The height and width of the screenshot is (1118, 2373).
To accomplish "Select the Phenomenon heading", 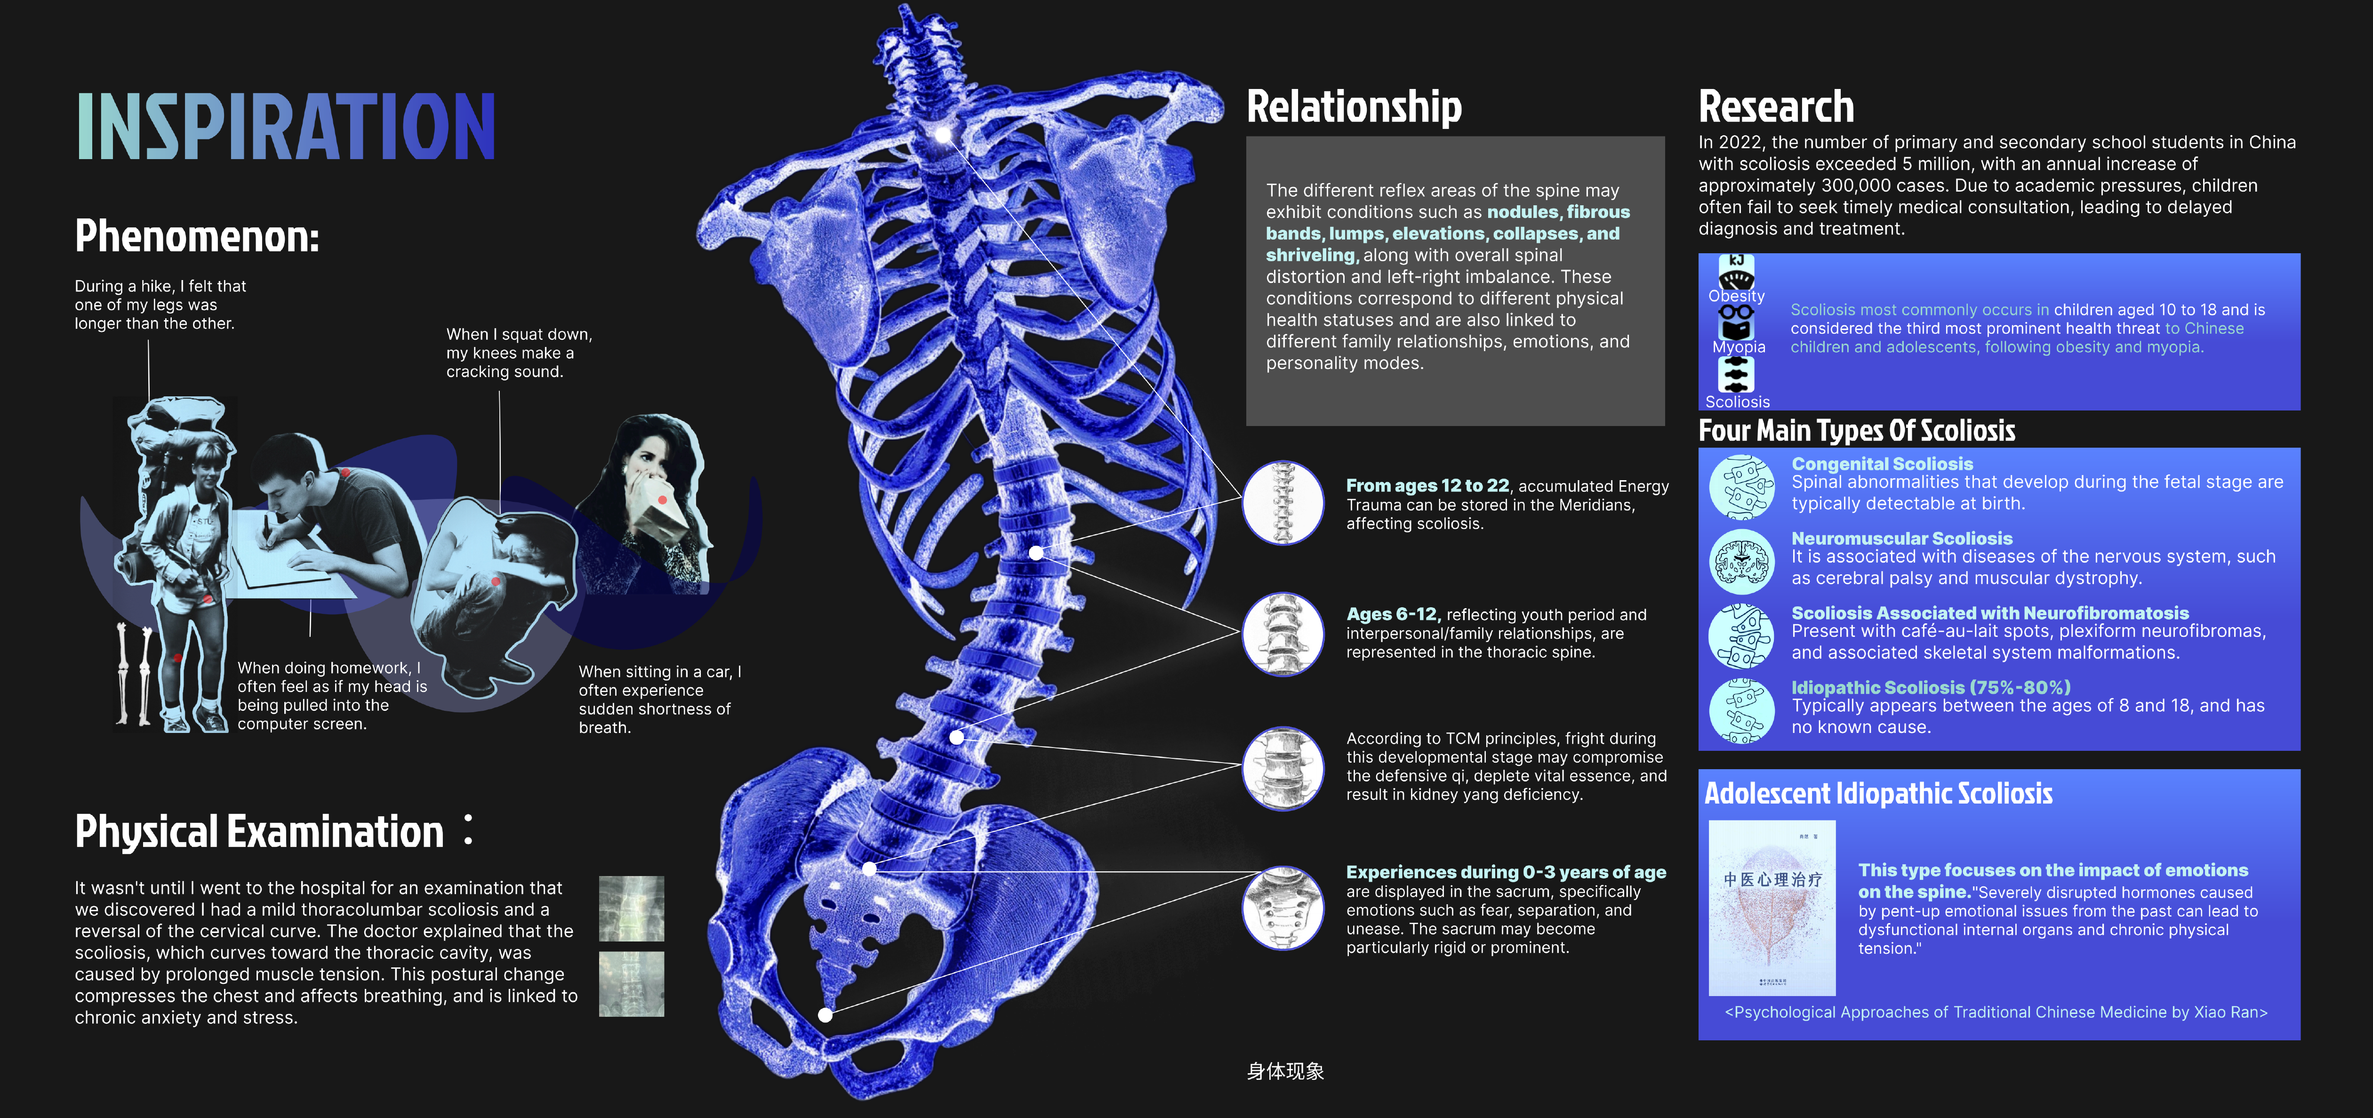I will click(x=197, y=236).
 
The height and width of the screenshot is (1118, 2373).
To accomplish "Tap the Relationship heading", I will click(x=1353, y=107).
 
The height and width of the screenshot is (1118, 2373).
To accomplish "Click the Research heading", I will click(x=1775, y=107).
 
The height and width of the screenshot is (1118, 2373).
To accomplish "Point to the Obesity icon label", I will click(x=1737, y=296).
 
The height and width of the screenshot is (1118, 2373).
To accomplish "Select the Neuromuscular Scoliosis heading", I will click(x=1901, y=538).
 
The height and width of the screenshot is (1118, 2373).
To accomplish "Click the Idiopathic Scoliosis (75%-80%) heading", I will click(x=1930, y=688).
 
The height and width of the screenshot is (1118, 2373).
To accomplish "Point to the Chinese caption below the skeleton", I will click(x=1285, y=1071).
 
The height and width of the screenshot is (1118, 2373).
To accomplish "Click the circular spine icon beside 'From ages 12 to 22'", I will click(x=1283, y=502).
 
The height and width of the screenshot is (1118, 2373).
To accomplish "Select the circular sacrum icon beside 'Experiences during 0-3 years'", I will click(x=1283, y=908).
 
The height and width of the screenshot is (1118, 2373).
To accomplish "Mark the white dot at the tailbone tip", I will click(x=826, y=1015).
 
